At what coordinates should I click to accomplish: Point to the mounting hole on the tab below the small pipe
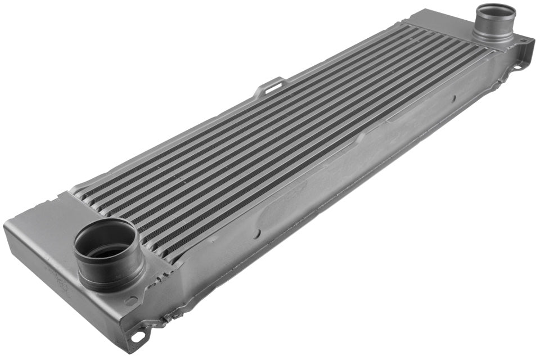point(517,69)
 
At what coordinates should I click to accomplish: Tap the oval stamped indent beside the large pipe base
point(131,301)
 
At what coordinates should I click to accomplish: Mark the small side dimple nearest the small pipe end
point(453,99)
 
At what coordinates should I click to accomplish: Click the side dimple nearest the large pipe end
point(257,233)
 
